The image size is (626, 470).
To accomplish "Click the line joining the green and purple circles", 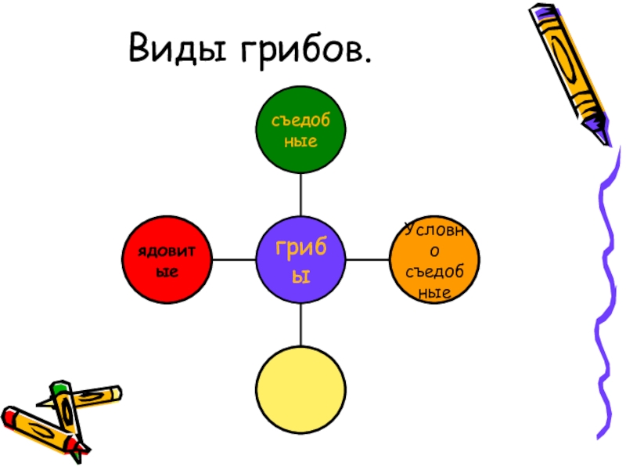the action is (x=300, y=196).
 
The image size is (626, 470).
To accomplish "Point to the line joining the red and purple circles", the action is (x=235, y=261).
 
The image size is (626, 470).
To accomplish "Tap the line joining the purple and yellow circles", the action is (x=300, y=325).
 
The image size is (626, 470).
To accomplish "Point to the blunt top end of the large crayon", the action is (x=540, y=11).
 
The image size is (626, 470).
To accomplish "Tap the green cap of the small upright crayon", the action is (x=59, y=387).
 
